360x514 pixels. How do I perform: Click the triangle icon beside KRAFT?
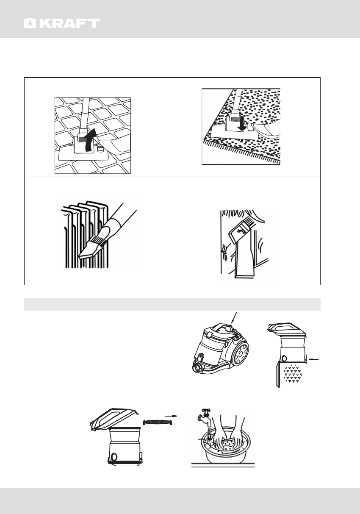tap(30, 23)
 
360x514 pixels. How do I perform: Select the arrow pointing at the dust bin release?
tap(314, 359)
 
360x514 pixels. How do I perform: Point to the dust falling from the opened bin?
tap(293, 374)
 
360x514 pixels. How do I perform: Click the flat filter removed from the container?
tap(158, 422)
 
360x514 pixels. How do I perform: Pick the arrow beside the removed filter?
tap(171, 416)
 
